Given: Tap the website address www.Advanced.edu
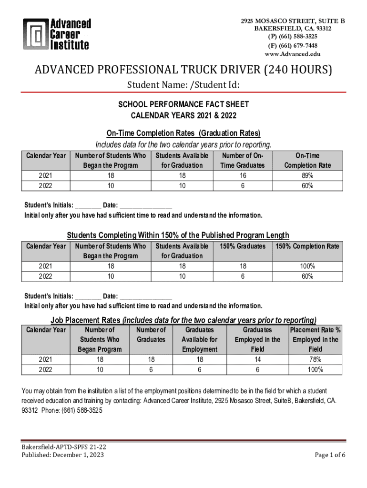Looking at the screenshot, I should (293, 54).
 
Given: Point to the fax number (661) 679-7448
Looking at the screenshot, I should (293, 45).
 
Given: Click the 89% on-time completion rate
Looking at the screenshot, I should (307, 175).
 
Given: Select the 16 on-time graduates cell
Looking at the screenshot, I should (243, 175).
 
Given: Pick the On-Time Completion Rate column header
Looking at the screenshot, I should (307, 161).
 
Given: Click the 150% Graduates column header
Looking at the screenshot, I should (243, 246).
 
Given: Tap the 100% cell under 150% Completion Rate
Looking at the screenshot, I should (307, 266).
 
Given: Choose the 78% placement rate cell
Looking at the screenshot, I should (315, 359).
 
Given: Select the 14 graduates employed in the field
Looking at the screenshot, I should (257, 359).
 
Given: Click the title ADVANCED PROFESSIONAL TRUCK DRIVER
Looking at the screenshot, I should (183, 71).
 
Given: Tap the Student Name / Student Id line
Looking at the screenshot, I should (183, 86).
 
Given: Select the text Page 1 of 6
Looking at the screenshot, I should (330, 455).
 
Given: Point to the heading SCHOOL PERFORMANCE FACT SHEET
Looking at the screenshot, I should (183, 104).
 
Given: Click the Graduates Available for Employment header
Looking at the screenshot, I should (199, 339).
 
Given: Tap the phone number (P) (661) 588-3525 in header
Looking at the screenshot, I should (293, 36).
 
